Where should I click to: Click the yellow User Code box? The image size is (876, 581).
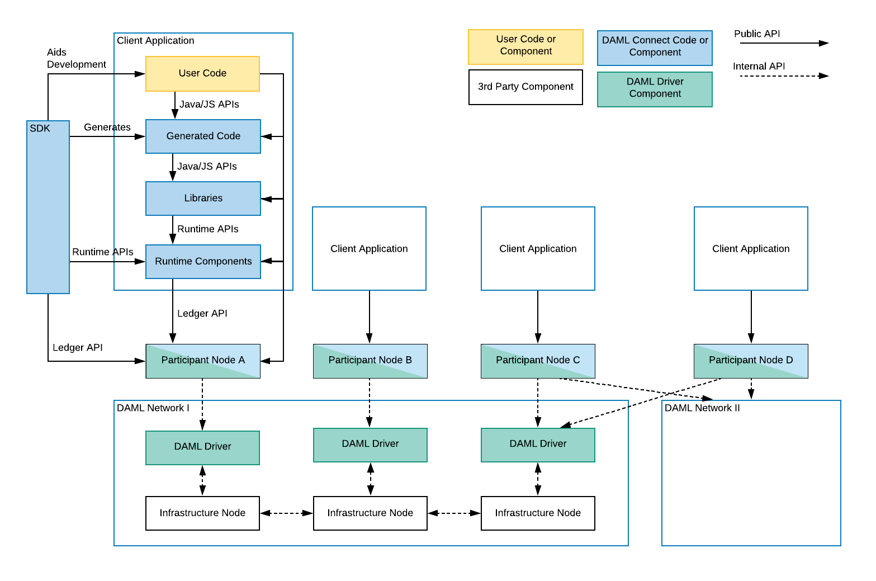point(202,73)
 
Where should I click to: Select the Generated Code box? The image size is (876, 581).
point(203,136)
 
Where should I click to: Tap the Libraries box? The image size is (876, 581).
point(203,198)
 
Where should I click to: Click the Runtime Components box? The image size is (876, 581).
point(203,261)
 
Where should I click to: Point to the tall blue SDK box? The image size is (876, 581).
point(48,207)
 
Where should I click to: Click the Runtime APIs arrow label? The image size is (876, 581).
point(207,229)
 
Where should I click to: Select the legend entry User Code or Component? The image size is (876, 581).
point(525,46)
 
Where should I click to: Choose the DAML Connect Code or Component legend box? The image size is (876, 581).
point(655,48)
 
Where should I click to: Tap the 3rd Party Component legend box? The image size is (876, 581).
point(525,87)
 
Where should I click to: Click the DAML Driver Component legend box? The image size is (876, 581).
point(655,88)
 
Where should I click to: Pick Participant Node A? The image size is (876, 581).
point(203,361)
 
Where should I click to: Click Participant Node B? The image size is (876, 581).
point(370,361)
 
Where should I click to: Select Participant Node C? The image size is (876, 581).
point(538,361)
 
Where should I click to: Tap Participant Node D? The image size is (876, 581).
point(751,361)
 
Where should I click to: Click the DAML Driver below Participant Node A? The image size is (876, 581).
point(202,447)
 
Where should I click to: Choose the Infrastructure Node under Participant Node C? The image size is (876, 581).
point(538,513)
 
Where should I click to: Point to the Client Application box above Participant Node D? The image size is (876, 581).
point(751,248)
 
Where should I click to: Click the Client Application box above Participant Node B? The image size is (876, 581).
point(369,248)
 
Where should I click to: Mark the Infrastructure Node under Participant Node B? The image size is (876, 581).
point(370,513)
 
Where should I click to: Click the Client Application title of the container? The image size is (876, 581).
point(155,41)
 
